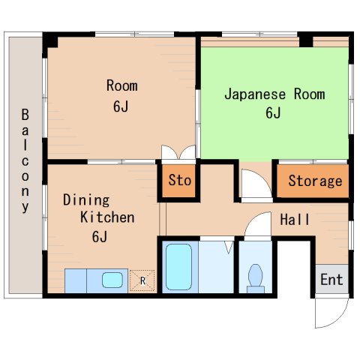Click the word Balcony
pos(25,161)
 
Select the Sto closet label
pos(179,181)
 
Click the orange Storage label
pos(315,181)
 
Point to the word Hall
pos(295,220)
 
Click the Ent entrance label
pos(331,280)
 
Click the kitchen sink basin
pos(112,280)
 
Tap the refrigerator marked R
pos(142,280)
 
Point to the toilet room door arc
pos(257,223)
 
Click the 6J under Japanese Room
pos(273,114)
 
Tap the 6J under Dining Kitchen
pos(100,238)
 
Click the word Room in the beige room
pos(121,85)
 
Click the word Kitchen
pos(108,217)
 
